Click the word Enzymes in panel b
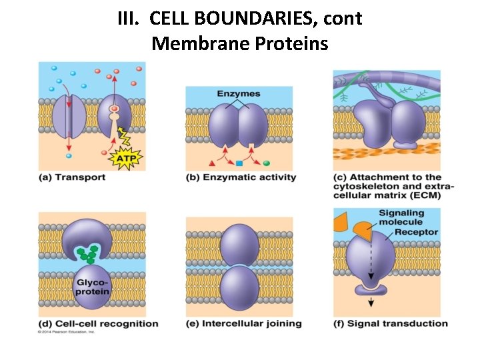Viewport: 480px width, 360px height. (238, 93)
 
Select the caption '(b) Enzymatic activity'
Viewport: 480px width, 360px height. (240, 177)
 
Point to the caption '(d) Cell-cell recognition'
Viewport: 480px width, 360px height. (99, 324)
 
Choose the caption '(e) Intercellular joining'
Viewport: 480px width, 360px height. (243, 324)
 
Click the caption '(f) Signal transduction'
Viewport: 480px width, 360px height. (391, 324)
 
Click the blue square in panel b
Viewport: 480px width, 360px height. (239, 163)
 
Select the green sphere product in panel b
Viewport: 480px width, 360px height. (267, 163)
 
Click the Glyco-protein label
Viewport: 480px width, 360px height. (92, 287)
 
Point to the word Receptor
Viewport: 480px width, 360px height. (416, 232)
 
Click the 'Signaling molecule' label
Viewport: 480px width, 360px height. (401, 218)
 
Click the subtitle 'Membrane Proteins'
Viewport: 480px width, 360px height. (240, 44)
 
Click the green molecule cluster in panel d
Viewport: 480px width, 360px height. (87, 254)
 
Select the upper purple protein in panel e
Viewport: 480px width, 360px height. (239, 244)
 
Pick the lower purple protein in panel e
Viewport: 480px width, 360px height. (239, 287)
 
